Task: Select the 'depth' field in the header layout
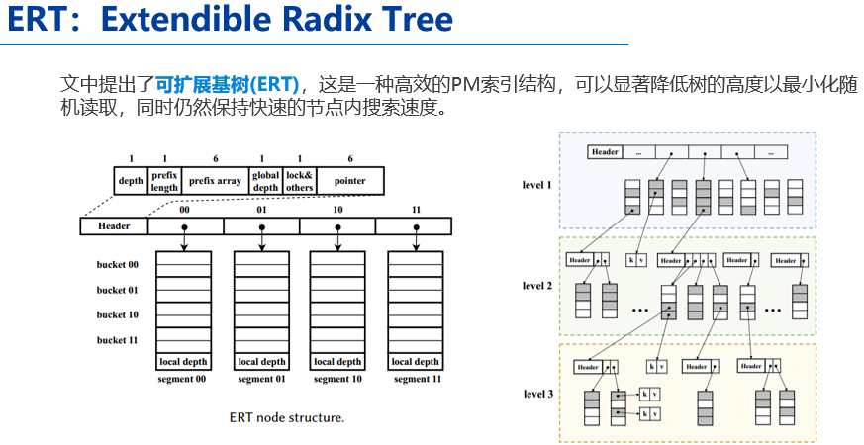pos(131,181)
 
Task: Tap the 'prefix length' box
pos(164,181)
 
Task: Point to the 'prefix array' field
pos(215,181)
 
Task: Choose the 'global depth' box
pos(265,181)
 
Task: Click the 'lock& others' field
pos(300,181)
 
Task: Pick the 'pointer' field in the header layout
pos(349,181)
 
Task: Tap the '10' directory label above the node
pos(338,210)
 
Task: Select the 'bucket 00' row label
pos(118,264)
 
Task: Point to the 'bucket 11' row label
pos(118,340)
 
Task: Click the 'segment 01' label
pos(261,379)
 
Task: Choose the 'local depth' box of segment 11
pos(416,362)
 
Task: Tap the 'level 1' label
pos(538,185)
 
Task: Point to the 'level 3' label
pos(538,395)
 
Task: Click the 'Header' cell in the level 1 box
pos(605,152)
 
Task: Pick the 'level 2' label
pos(538,286)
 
